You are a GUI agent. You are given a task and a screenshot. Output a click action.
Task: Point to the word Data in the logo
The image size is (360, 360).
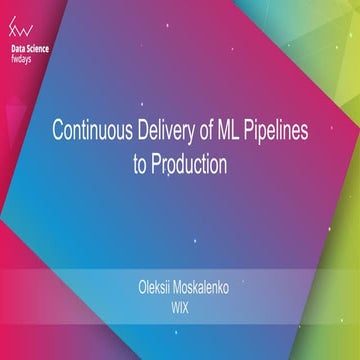tap(20, 47)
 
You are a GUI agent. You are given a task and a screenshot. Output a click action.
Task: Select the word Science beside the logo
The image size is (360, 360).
tap(44, 47)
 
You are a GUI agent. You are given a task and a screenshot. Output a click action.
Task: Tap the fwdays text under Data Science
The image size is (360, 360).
tap(24, 57)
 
